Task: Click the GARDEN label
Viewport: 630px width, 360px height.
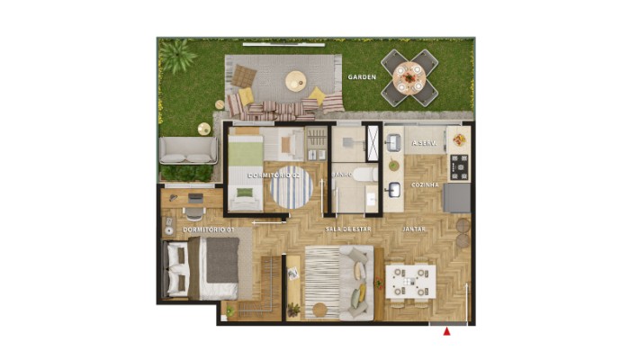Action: [362, 77]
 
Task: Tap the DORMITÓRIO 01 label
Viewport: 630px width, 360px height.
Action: [209, 230]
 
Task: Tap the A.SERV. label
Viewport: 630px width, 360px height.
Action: [424, 144]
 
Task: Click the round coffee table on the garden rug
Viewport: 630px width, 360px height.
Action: [297, 82]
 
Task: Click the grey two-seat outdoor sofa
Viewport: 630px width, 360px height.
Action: [187, 150]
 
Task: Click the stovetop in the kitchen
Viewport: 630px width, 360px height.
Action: [460, 165]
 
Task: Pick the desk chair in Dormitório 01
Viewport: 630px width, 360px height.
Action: [193, 212]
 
